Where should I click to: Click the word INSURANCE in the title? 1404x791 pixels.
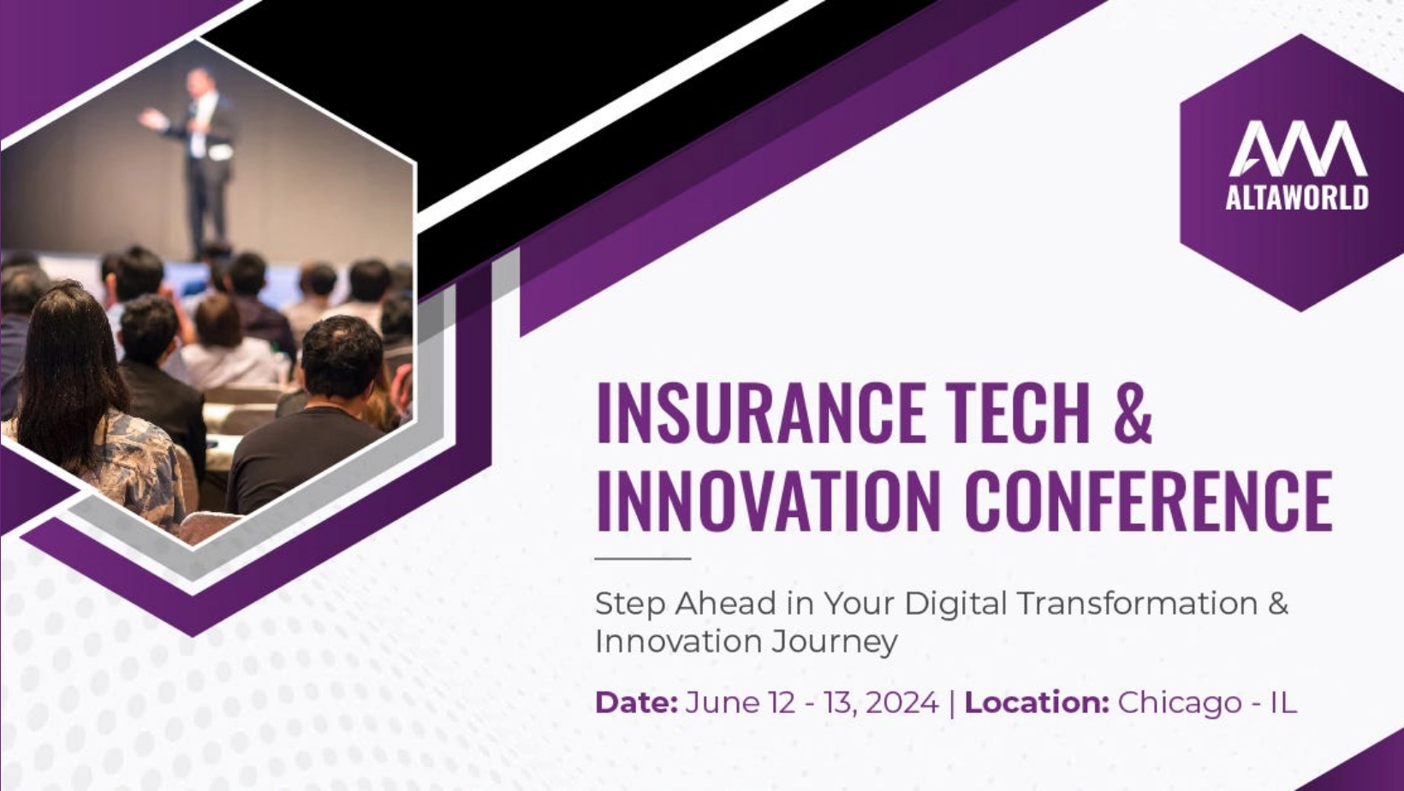761,413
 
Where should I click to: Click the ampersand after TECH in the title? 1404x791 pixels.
1133,413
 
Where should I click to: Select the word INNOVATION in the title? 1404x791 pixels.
769,501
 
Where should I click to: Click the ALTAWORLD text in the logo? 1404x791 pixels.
1297,198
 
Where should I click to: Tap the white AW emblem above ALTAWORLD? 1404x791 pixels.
1298,149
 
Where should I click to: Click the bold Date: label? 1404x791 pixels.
636,702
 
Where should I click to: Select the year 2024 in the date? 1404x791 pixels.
901,702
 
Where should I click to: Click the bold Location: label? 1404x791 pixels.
1038,702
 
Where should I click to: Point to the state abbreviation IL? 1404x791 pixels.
1283,702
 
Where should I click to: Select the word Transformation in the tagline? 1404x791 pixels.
1137,603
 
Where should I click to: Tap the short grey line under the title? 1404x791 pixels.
642,558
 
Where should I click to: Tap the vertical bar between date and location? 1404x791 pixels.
952,703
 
